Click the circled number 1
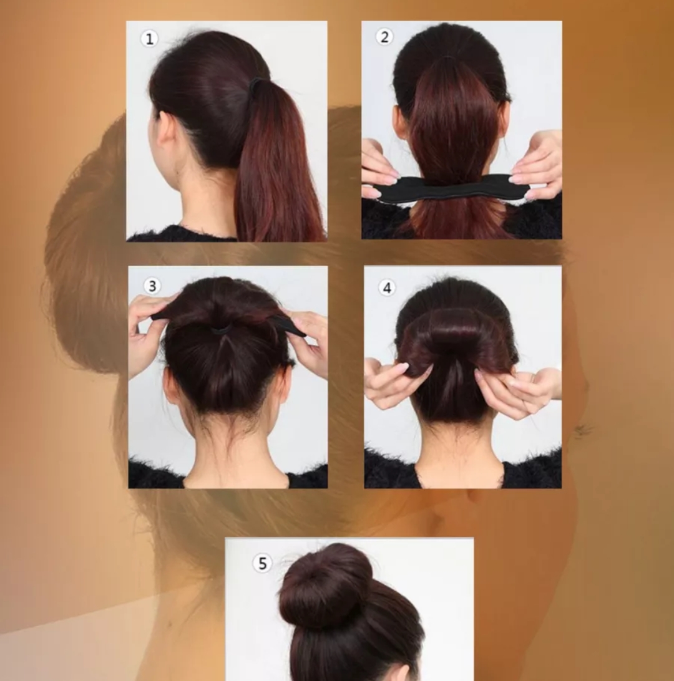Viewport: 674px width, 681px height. [149, 39]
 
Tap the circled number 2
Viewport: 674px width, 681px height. [384, 37]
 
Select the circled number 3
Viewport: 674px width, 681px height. [152, 286]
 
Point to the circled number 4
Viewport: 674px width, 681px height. [387, 287]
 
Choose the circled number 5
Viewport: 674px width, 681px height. [262, 563]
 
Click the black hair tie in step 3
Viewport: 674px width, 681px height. [221, 329]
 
